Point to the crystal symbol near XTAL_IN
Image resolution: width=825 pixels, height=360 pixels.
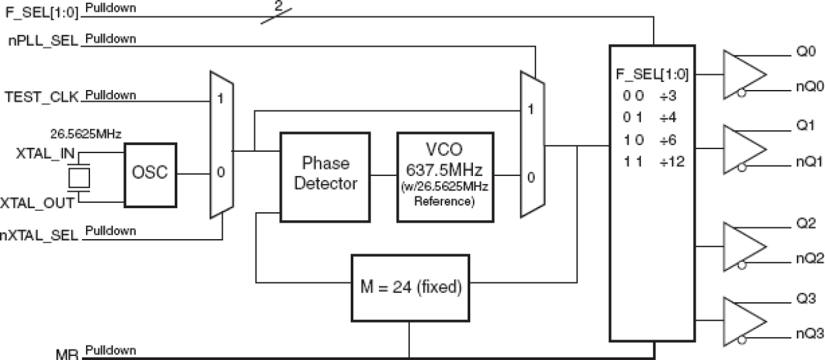(x=79, y=177)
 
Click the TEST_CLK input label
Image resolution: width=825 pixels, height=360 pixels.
(x=41, y=97)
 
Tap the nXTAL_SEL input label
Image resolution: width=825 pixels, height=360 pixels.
(x=41, y=233)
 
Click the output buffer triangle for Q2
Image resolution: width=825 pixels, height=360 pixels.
(x=743, y=246)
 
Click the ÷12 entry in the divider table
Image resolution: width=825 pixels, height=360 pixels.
(x=674, y=161)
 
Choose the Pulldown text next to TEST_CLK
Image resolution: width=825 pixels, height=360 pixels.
(x=110, y=95)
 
